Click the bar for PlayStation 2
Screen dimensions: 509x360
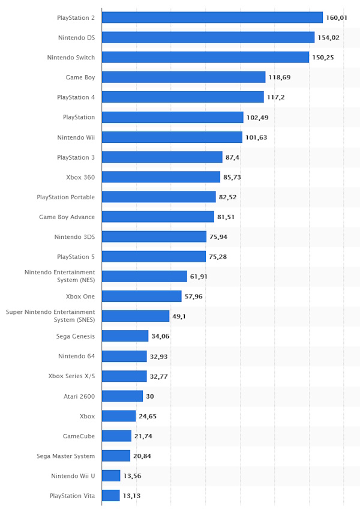tap(212, 17)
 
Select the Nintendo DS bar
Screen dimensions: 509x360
tap(208, 37)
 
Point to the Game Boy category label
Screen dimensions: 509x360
tap(80, 77)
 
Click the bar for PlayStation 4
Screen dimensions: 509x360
tap(182, 97)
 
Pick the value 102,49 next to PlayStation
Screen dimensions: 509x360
tap(257, 118)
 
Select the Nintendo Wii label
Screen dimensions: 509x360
tap(76, 137)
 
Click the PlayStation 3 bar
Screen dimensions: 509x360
tap(162, 157)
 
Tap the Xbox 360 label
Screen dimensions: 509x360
tap(80, 177)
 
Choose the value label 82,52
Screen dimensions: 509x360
tap(229, 197)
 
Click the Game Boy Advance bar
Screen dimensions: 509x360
tap(158, 217)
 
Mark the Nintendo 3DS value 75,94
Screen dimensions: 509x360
tap(218, 237)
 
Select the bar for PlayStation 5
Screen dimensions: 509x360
tap(154, 256)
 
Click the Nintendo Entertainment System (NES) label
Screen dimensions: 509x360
tap(59, 276)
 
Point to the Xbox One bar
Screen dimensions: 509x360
tap(142, 297)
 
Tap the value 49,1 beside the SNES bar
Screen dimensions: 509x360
tap(179, 316)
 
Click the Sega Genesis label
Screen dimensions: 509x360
tap(76, 336)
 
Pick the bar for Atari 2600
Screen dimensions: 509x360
tap(122, 396)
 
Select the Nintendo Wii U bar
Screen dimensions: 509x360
tap(111, 476)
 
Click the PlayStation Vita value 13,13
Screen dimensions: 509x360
tap(132, 496)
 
